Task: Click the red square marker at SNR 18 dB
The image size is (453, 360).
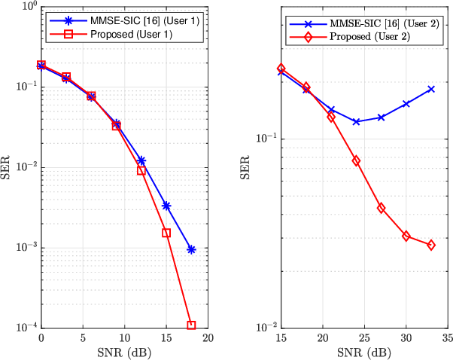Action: tap(191, 325)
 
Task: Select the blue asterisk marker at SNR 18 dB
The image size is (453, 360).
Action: tap(191, 249)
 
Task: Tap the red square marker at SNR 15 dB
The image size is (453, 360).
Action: tap(166, 233)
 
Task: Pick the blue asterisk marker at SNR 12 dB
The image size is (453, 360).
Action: tap(141, 160)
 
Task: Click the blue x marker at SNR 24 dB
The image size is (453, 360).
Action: tap(356, 121)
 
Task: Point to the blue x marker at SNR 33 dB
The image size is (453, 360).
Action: tap(431, 89)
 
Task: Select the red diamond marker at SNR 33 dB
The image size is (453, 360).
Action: tap(431, 245)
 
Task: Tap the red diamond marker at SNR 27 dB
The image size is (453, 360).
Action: tap(381, 208)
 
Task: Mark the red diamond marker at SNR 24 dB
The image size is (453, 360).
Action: tap(356, 160)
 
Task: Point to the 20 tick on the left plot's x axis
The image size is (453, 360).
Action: tap(208, 338)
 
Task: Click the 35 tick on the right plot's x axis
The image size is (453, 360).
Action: tap(448, 338)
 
